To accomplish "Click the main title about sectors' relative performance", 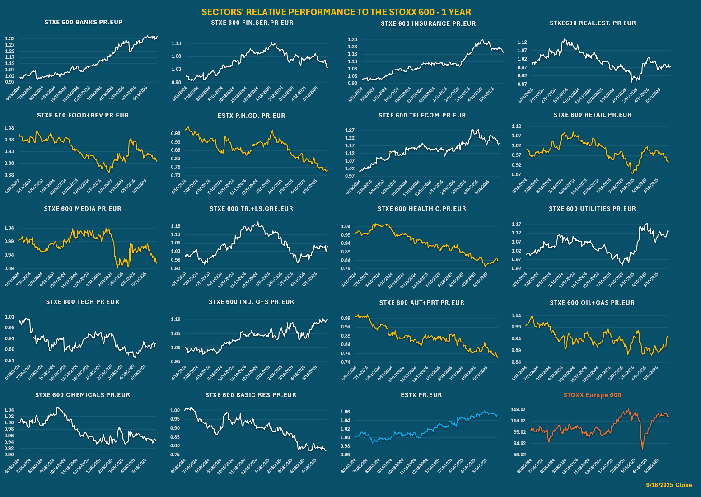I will point(336,12).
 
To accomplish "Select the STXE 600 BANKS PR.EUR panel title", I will point(84,22).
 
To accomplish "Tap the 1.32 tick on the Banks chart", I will point(10,39).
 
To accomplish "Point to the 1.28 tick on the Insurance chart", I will point(352,40).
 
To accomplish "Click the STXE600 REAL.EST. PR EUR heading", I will point(593,23).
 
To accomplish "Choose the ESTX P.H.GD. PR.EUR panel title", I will point(251,116).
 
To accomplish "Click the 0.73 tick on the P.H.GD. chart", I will point(176,175).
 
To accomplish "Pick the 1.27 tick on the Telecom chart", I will point(350,131).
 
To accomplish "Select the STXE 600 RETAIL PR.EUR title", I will point(593,115).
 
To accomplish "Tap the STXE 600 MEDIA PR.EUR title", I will point(83,209).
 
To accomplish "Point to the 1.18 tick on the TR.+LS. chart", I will point(176,226).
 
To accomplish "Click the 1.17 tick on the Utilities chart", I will point(516,224).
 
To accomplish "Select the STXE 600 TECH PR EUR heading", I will point(83,302).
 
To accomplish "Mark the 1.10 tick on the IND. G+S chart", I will point(176,319).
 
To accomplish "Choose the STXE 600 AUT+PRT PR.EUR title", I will point(422,303).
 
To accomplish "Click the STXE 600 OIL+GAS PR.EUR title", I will point(592,303).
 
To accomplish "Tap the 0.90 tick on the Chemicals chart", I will point(9,455).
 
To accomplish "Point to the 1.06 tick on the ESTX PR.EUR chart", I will point(345,412).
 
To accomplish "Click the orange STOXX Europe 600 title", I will point(592,395).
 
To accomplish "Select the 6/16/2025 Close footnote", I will point(668,485).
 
